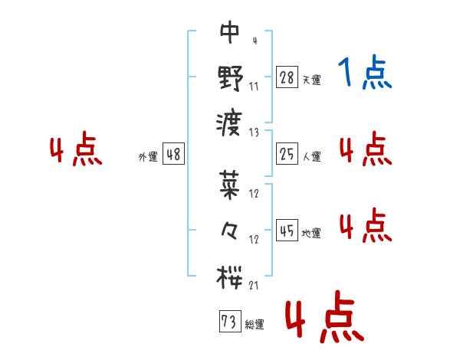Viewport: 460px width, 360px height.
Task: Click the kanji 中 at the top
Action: pos(229,32)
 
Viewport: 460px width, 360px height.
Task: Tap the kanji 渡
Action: pos(229,120)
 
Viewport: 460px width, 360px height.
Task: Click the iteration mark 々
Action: pos(229,229)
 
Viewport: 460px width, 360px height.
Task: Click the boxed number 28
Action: pos(286,77)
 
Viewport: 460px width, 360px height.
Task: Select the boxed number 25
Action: pos(286,154)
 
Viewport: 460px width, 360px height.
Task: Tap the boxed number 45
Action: pos(286,230)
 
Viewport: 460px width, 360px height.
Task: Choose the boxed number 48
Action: pos(172,154)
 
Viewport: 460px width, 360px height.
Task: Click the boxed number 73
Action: pos(228,322)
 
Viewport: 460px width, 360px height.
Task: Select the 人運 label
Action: pos(312,157)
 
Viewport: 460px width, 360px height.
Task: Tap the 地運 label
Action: pos(312,233)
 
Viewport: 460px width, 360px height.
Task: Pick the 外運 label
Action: pos(147,157)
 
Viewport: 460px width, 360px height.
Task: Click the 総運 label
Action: pos(255,325)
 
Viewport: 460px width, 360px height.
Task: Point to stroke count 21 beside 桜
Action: pos(254,285)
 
